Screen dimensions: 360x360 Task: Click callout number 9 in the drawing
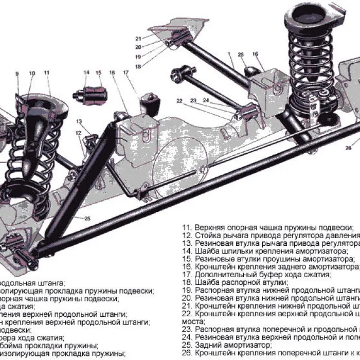(x=17, y=74)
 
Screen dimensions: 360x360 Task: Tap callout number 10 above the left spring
(x=32, y=74)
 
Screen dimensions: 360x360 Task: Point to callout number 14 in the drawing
(x=86, y=73)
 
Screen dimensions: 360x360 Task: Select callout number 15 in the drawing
(x=98, y=73)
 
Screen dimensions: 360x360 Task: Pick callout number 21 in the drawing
(x=138, y=39)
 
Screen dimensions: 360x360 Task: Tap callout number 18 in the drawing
(x=138, y=66)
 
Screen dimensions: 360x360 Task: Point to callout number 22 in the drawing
(x=179, y=100)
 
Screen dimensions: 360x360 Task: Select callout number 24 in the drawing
(x=206, y=100)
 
